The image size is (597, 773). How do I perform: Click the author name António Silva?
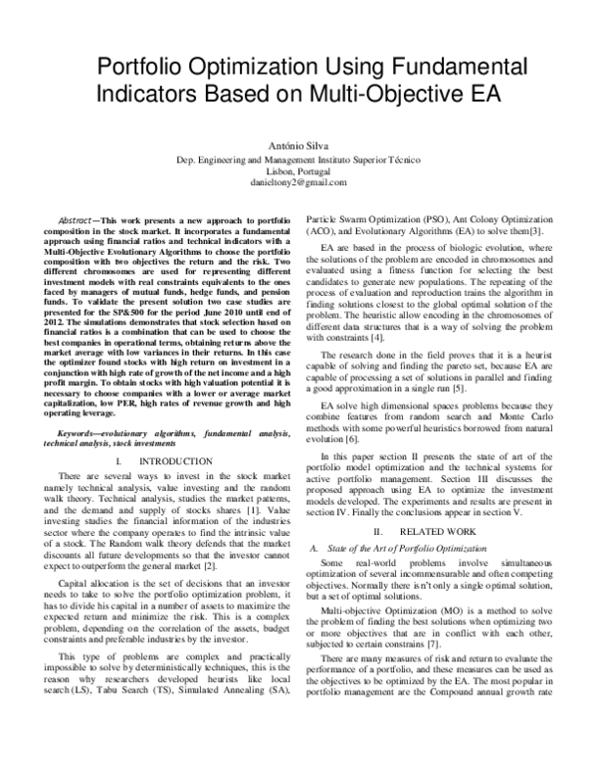pos(298,143)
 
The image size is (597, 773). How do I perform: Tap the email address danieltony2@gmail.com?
pos(298,183)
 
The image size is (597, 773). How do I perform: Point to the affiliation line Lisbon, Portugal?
pos(298,170)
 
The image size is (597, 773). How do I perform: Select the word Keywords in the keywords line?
pos(83,407)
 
